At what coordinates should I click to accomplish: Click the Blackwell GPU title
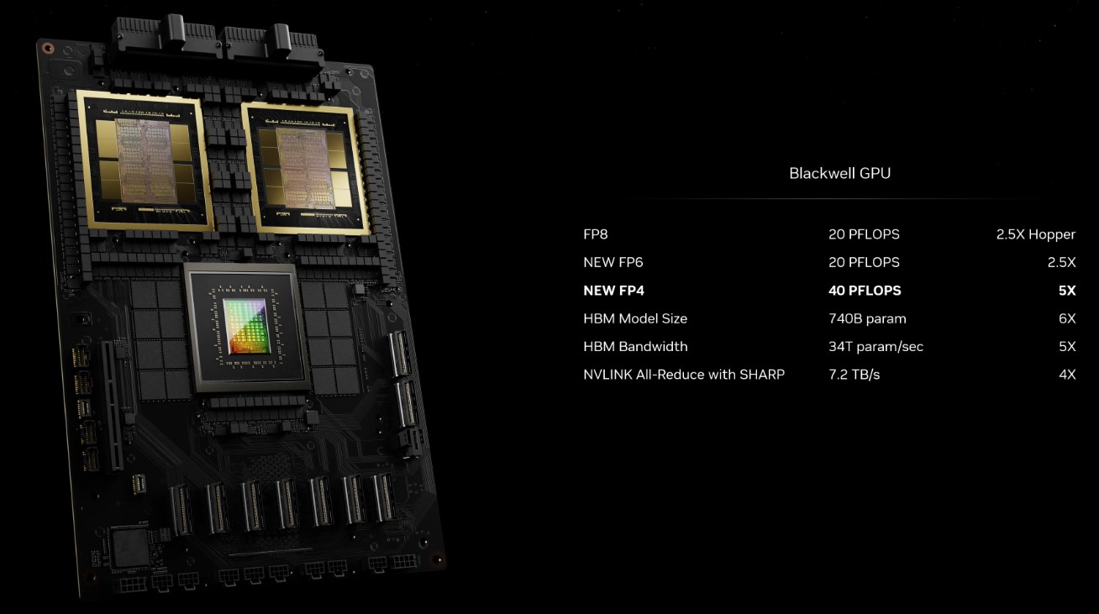839,173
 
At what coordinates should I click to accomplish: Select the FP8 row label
595,234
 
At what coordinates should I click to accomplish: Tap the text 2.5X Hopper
1036,234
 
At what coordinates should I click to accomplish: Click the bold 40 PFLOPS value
865,291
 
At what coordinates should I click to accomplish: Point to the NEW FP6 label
613,262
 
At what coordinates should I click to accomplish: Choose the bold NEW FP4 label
613,291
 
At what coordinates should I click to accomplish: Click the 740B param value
867,319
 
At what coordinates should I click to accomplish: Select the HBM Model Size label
635,319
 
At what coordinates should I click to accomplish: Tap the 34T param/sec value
876,347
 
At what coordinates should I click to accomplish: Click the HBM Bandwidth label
635,347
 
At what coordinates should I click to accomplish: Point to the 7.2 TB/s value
854,375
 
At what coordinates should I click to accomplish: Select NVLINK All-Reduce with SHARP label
684,375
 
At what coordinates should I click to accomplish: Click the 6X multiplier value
1067,319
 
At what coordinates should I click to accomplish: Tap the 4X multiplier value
1067,375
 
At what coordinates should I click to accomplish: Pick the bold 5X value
1067,291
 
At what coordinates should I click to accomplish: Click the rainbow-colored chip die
246,326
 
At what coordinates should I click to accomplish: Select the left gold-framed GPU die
145,161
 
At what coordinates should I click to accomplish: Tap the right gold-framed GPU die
306,168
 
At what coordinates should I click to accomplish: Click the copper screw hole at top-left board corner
48,48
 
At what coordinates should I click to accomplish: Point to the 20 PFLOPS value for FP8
864,234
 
